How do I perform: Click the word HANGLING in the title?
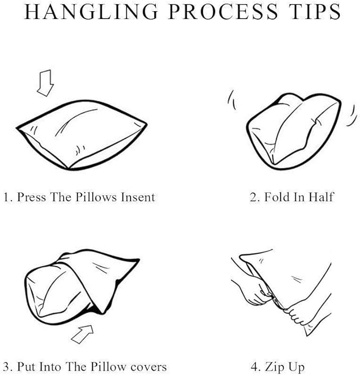point(91,12)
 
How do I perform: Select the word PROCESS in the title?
point(223,12)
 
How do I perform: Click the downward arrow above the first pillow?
point(45,83)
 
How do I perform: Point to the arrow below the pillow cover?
point(82,334)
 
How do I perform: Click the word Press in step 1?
point(31,197)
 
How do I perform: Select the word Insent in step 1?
point(138,197)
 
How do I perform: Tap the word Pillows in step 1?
point(96,197)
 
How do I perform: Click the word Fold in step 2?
point(277,197)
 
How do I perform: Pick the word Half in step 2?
point(321,197)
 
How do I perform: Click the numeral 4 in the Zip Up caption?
point(254,367)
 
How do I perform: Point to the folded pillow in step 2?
point(293,131)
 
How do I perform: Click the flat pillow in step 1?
point(81,135)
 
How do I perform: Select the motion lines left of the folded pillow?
point(232,100)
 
